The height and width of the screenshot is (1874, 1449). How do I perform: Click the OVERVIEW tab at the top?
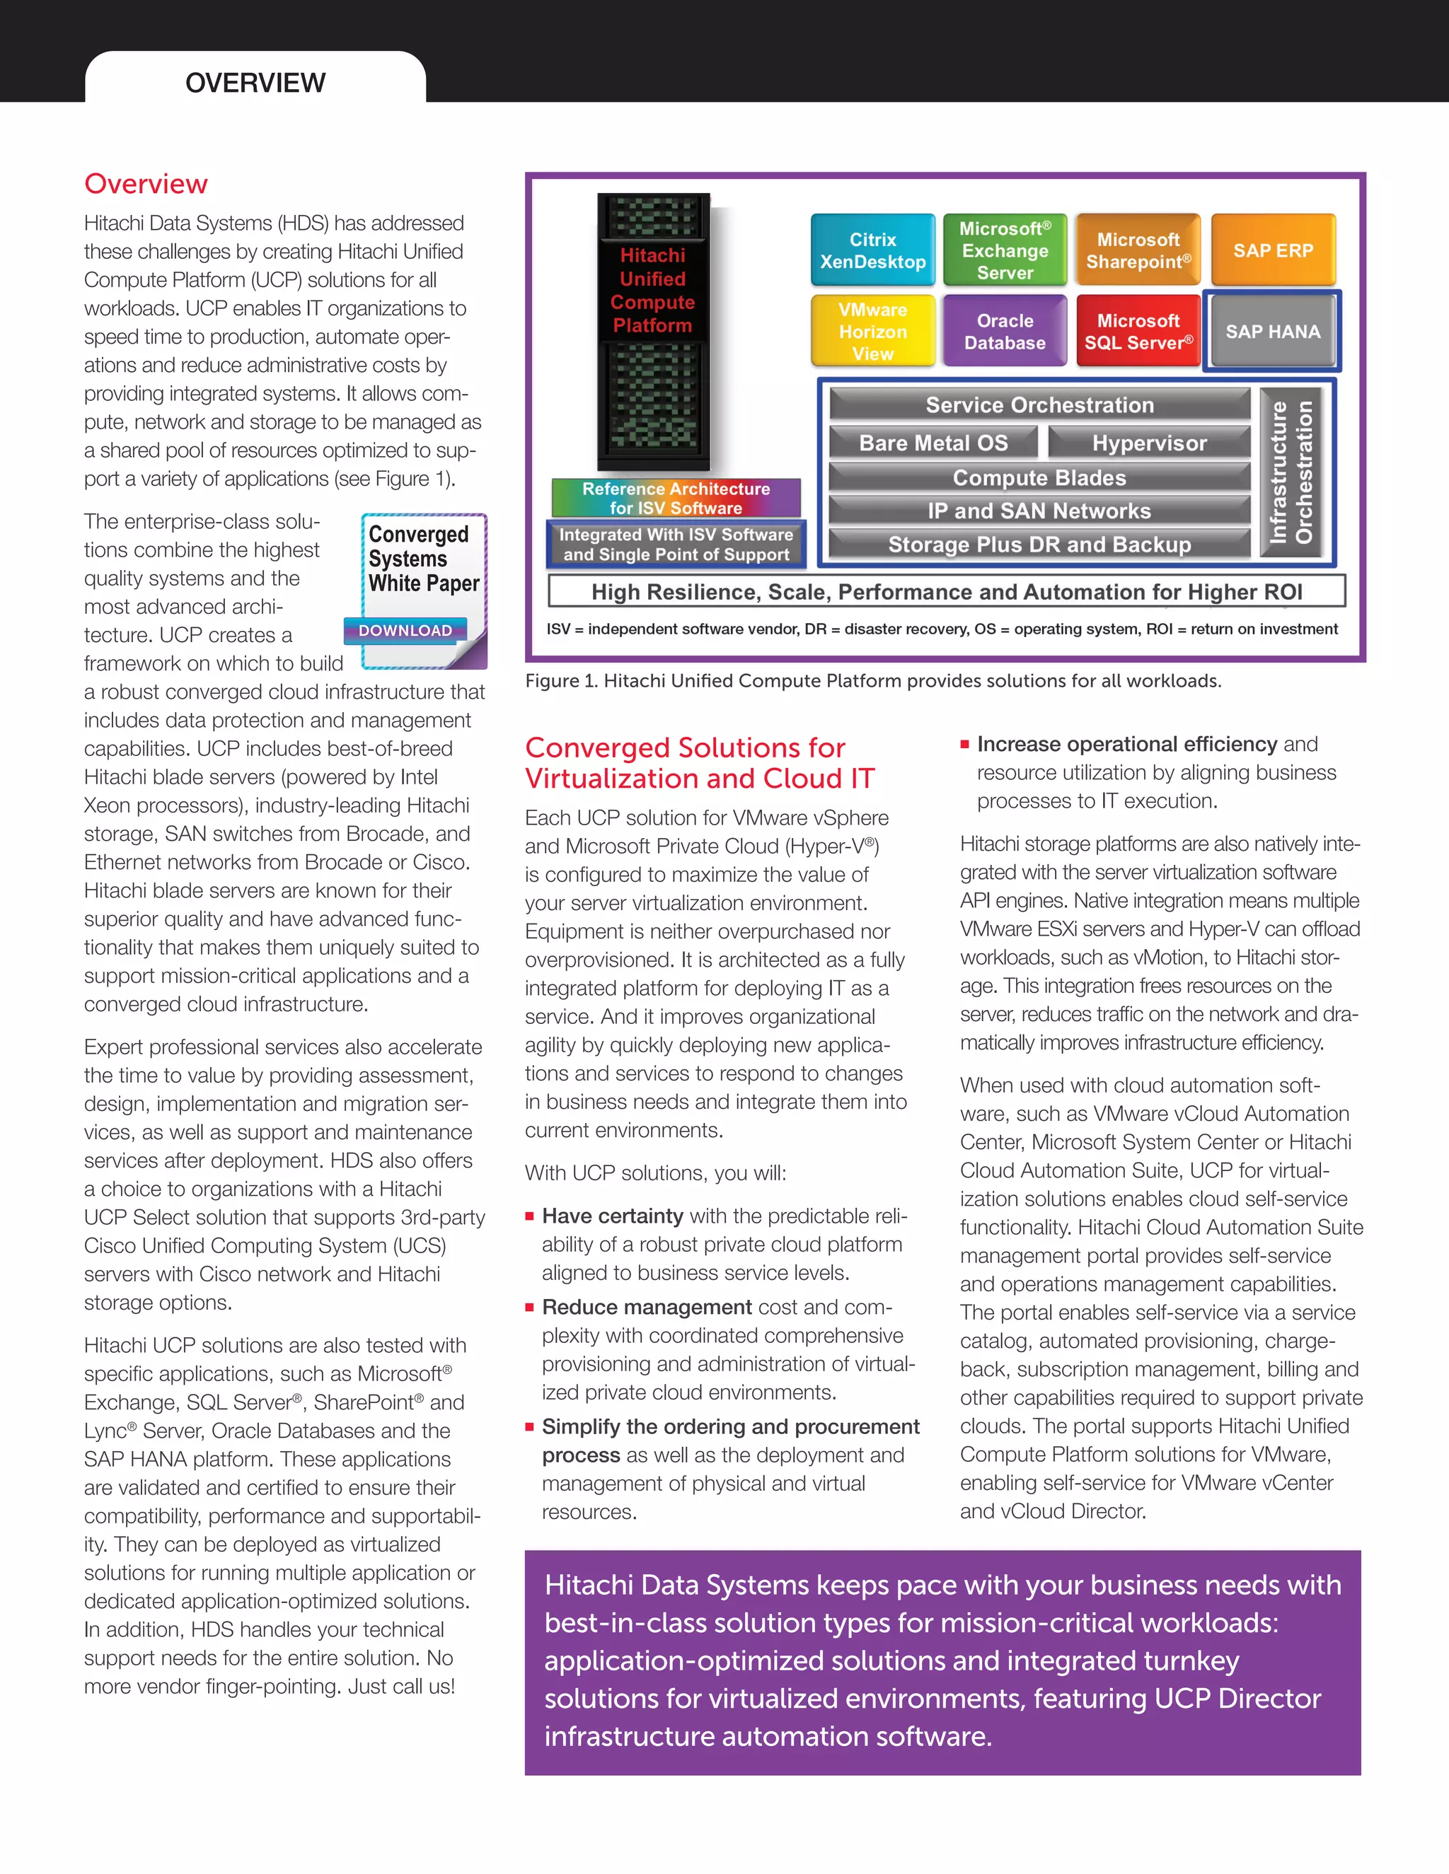[x=255, y=82]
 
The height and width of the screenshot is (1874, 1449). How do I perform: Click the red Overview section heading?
[x=146, y=184]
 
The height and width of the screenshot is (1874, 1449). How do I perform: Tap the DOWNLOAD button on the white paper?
[x=405, y=631]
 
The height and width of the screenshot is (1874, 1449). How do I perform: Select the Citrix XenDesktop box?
[x=872, y=250]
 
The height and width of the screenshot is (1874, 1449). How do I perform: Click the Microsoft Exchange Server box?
[x=1005, y=250]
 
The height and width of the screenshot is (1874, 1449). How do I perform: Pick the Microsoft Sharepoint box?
[x=1138, y=250]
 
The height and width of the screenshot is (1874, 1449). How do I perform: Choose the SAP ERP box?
[x=1272, y=250]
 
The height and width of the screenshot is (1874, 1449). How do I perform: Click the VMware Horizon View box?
[x=872, y=331]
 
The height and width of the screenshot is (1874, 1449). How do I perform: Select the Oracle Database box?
[x=1005, y=331]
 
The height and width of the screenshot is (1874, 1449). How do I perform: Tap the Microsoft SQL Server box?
[x=1138, y=331]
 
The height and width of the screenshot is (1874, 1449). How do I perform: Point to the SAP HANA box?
[x=1272, y=331]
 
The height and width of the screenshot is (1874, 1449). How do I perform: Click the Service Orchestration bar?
[x=1039, y=405]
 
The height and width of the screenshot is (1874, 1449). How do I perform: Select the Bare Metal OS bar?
[x=933, y=443]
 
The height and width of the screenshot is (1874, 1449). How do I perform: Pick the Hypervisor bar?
[x=1148, y=443]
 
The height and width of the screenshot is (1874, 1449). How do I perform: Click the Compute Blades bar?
[x=1039, y=478]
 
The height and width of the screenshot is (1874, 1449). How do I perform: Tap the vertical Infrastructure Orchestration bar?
[x=1291, y=472]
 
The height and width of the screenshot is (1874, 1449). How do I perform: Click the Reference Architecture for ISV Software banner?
[x=676, y=498]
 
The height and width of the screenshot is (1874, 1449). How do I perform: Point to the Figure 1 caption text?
[x=872, y=681]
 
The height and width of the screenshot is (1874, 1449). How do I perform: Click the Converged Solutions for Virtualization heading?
[x=699, y=763]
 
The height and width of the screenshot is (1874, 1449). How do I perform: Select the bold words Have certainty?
[x=612, y=1216]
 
